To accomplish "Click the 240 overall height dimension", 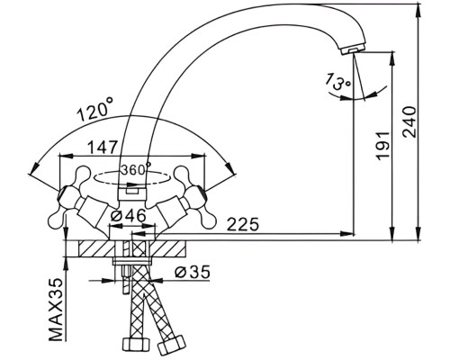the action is coord(409,121).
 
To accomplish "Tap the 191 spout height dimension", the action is coord(384,145).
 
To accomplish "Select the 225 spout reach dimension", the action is coord(242,224).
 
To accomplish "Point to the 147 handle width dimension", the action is coord(102,148).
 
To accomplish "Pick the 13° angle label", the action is coord(337,81).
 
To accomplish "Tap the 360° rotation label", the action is coord(135,169).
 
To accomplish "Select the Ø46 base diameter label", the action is coord(128,215).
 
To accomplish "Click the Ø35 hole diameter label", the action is coord(193,273).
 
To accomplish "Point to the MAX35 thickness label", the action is coord(56,310).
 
